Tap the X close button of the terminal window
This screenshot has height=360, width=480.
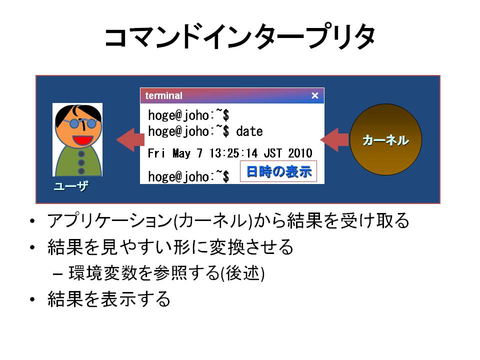pyautogui.click(x=314, y=95)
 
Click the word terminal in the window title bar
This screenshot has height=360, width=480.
pyautogui.click(x=163, y=95)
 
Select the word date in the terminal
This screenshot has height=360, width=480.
pyautogui.click(x=249, y=131)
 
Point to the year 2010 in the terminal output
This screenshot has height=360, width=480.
pyautogui.click(x=300, y=153)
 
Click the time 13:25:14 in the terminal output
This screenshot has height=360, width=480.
pyautogui.click(x=233, y=153)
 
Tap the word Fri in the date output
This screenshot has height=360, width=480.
pyautogui.click(x=156, y=153)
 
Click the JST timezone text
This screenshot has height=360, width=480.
pyautogui.click(x=272, y=153)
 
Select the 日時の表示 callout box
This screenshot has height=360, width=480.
pyautogui.click(x=278, y=171)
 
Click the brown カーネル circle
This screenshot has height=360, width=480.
pyautogui.click(x=385, y=139)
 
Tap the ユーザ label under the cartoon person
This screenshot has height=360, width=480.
pyautogui.click(x=71, y=186)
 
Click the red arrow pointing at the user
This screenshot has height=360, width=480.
pyautogui.click(x=130, y=139)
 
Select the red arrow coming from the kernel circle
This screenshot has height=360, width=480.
pyautogui.click(x=334, y=139)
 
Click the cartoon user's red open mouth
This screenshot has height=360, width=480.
pyautogui.click(x=82, y=140)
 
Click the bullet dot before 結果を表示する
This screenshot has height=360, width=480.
pyautogui.click(x=32, y=299)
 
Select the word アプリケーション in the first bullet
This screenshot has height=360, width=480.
pyautogui.click(x=110, y=220)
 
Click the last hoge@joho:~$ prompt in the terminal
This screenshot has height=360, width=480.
pyautogui.click(x=188, y=176)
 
